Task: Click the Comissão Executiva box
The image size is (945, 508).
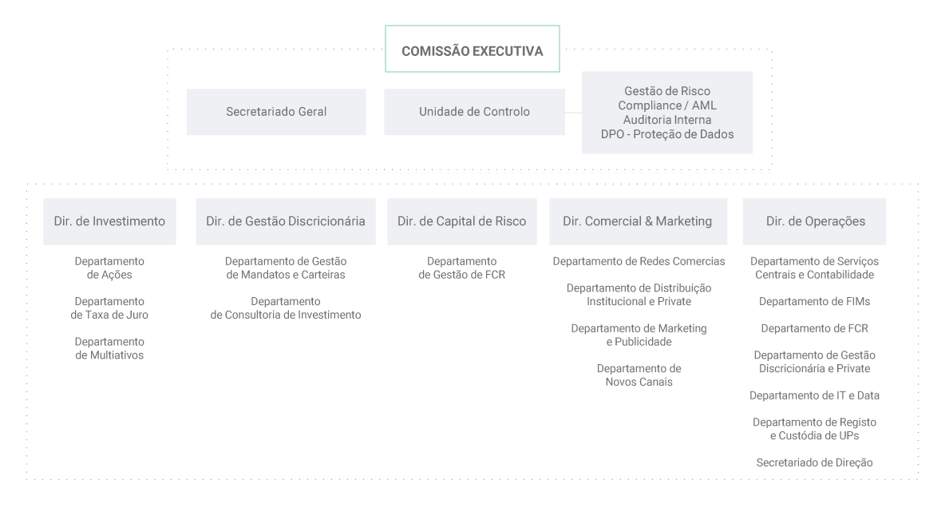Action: pos(472,49)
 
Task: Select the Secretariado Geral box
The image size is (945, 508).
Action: pos(276,112)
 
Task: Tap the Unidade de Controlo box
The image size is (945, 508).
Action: pos(474,112)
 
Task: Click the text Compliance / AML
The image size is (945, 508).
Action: pos(667,105)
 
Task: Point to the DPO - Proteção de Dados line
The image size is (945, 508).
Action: pos(667,134)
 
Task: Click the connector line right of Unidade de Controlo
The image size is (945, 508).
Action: pos(573,112)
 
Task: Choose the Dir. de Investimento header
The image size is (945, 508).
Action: pos(109,221)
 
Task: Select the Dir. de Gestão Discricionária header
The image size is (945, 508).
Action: pos(286,221)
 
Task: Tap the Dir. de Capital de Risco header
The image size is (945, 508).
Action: pos(461,221)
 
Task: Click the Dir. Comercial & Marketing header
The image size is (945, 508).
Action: pos(638,221)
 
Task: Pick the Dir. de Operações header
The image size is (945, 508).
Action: pos(814,221)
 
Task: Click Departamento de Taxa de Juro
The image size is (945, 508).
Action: pos(109,308)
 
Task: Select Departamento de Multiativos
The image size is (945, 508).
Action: pos(109,348)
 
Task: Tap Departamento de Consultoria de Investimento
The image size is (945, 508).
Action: pos(286,308)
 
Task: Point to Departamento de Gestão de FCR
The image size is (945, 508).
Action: pos(461,268)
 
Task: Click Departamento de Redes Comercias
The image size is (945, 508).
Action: pos(639,261)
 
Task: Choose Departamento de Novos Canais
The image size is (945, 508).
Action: pos(639,375)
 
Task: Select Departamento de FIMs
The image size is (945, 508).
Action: pos(814,301)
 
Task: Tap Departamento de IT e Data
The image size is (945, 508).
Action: pos(814,395)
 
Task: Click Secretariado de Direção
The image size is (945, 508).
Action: pos(814,462)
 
